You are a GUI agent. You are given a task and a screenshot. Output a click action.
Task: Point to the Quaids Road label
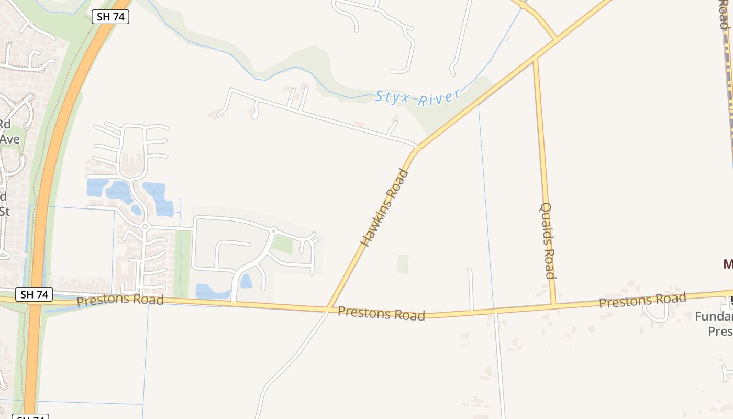coord(547,240)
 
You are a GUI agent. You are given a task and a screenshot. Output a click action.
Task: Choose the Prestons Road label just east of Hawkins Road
coord(381,313)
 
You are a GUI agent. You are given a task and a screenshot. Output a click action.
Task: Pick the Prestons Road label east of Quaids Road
coord(642,301)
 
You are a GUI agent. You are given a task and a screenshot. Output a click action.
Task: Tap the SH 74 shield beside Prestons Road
coord(35,294)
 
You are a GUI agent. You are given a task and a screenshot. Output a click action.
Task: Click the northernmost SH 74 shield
coord(110,17)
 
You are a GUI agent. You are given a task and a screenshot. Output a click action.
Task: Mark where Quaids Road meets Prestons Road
coord(553,304)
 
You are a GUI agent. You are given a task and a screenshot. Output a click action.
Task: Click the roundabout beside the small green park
coord(273,230)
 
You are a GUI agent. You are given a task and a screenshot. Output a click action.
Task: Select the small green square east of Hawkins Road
coord(403,264)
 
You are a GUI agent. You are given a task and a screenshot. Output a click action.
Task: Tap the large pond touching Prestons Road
coord(212,291)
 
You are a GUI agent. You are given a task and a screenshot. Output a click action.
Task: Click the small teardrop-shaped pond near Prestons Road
coord(246,282)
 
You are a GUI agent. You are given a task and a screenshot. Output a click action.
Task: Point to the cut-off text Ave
coord(9,139)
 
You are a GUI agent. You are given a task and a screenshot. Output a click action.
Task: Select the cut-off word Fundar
coord(714,316)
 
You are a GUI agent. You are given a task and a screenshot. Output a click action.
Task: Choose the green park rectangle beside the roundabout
coord(283,244)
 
